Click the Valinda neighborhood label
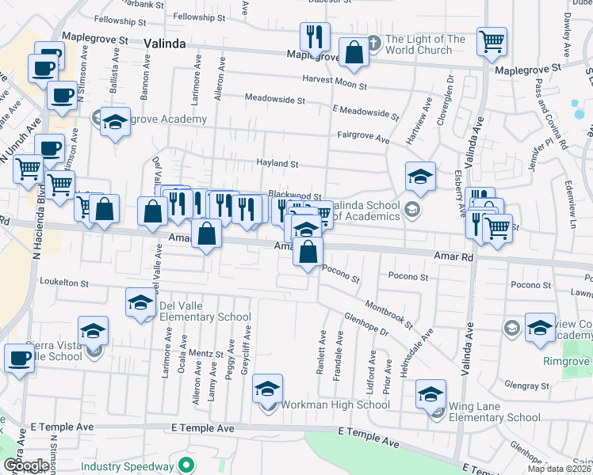pos(165,45)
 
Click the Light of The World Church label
pos(425,44)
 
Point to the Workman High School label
pos(335,405)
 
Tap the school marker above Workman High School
pos(268,389)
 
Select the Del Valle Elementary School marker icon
pos(140,302)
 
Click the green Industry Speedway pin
pos(187,465)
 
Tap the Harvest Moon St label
pos(334,82)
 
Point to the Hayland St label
pos(277,164)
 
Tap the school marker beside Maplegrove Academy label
pos(116,122)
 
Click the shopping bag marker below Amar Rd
pos(308,252)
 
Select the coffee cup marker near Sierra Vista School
pos(19,357)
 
